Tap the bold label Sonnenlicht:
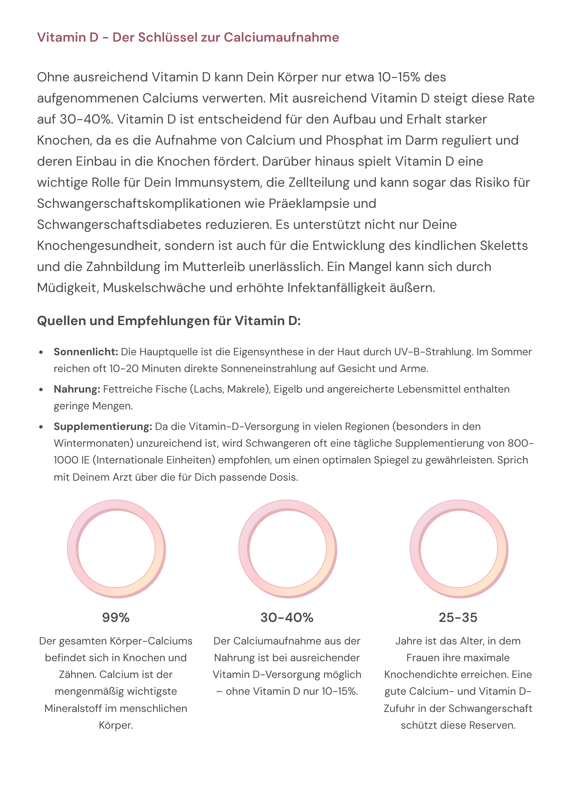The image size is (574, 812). click(x=86, y=352)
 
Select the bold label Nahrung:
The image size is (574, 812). click(x=77, y=389)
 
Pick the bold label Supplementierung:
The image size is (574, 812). click(x=103, y=426)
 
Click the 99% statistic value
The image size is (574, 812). click(x=116, y=617)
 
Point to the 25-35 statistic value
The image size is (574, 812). click(x=458, y=617)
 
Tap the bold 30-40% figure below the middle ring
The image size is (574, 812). click(x=287, y=617)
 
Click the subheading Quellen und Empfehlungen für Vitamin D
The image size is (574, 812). click(x=169, y=321)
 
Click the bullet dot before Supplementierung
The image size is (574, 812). click(x=41, y=427)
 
